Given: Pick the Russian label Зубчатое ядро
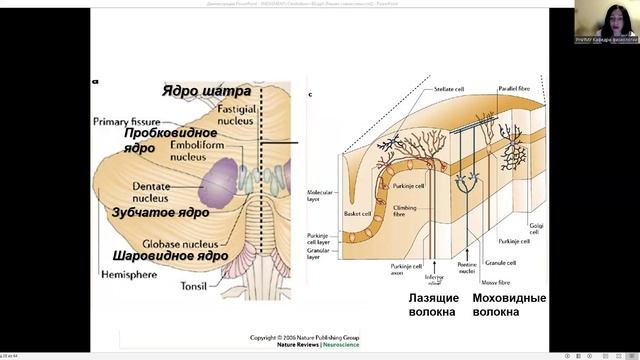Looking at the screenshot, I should pos(159,213).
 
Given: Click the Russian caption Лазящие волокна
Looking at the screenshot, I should pos(434,305).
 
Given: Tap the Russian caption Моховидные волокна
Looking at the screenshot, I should pos(509,305).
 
